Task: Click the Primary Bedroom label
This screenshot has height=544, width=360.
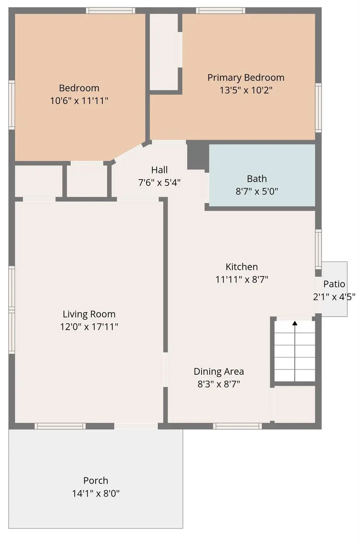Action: coord(246,77)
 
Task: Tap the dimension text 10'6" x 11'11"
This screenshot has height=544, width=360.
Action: coord(79,100)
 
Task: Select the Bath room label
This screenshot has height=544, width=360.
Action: coord(256,178)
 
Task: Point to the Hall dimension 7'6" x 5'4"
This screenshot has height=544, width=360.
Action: coord(159,183)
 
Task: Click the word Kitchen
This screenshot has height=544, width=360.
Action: coord(242,267)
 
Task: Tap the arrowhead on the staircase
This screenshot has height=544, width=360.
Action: coord(295,323)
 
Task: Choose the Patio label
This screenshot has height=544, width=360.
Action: coord(334,284)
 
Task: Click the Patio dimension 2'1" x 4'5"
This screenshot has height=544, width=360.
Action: coord(334,297)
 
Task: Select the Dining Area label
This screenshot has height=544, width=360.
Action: coord(219,371)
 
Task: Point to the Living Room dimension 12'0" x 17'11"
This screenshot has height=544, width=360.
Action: coord(89,327)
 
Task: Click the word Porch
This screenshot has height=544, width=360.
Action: coord(96,480)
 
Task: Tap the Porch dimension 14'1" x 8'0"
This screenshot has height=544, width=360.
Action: coord(96,493)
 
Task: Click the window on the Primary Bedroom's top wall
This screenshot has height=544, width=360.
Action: coord(220,10)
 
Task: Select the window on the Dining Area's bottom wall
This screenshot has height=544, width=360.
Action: coord(238,426)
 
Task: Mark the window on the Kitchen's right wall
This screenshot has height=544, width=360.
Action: coord(318,249)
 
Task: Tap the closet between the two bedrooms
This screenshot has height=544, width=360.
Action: coord(164,52)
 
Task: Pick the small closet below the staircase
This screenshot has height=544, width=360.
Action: coord(295,404)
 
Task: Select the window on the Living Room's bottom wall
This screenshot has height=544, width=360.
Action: coord(60,426)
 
